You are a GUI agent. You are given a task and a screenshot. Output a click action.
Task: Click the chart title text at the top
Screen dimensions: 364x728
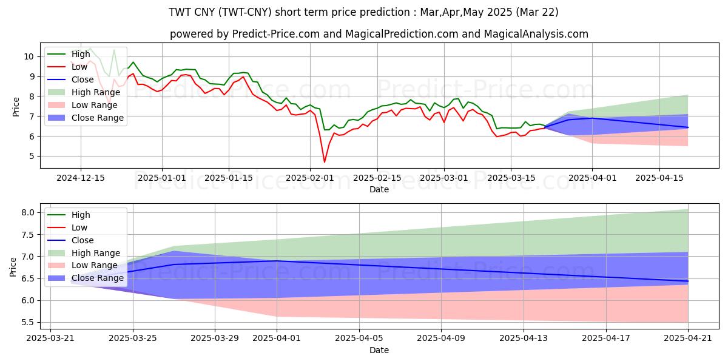click(364, 12)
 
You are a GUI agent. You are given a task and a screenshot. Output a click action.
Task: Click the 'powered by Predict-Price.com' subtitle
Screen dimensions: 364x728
click(379, 34)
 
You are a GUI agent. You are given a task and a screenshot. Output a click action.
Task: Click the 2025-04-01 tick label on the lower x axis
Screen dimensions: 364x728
click(277, 338)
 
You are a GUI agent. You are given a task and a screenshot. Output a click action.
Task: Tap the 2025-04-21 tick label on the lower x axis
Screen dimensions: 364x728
click(688, 338)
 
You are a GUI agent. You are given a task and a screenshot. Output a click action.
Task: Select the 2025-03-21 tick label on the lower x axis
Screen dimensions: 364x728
click(50, 338)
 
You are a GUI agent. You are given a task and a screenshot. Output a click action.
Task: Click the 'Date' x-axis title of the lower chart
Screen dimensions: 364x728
click(379, 350)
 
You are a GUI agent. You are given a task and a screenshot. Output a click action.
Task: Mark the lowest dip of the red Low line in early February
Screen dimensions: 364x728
click(324, 162)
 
